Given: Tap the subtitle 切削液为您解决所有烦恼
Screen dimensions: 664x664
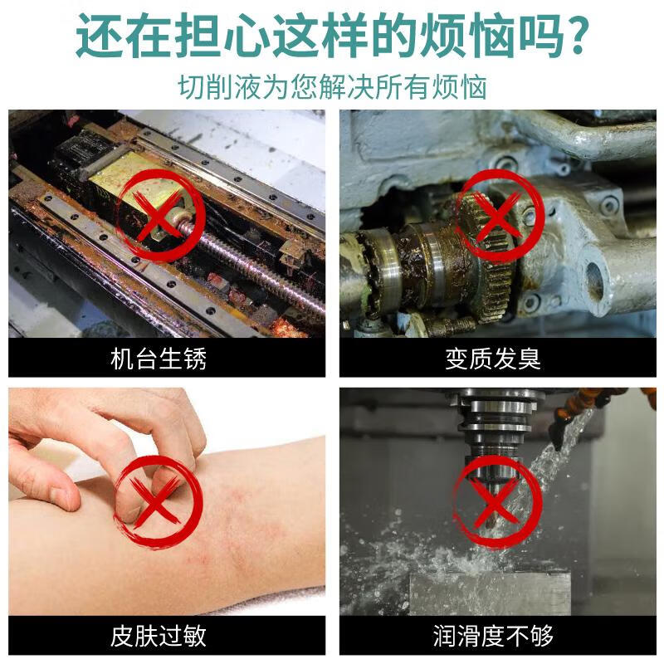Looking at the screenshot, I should [x=332, y=87].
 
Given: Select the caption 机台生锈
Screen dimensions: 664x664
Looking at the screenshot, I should [x=158, y=359].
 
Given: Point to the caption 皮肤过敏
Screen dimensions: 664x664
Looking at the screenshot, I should [x=158, y=636].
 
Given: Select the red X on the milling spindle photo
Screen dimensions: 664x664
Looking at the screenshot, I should [x=496, y=503].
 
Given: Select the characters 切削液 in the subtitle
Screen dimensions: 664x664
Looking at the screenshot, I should [x=219, y=87].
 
